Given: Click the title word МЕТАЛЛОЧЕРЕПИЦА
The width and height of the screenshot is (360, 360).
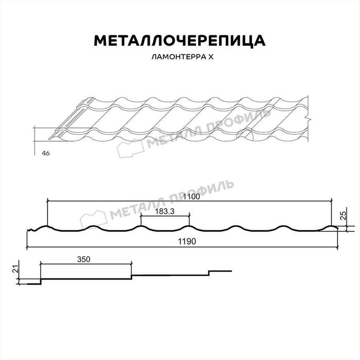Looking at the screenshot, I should click(179, 41).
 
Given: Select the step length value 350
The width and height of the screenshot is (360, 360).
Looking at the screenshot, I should click(85, 259).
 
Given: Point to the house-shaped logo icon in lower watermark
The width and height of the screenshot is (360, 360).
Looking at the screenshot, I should click(94, 217).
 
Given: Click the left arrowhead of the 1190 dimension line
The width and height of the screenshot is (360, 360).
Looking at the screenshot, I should click(27, 247).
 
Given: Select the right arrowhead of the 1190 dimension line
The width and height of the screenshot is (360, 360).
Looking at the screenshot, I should click(338, 247).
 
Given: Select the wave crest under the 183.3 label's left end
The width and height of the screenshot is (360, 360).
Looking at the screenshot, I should click(141, 226).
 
